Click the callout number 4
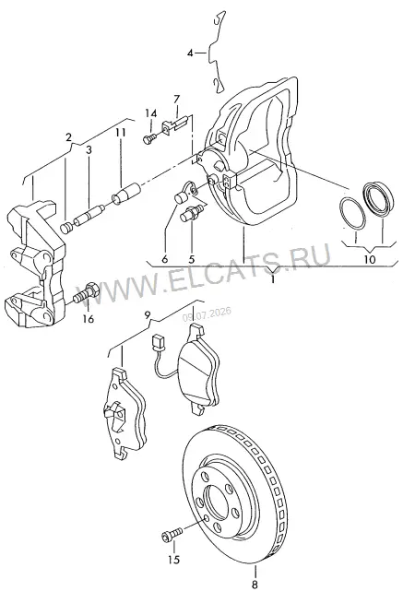tap(190, 53)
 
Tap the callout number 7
tap(176, 100)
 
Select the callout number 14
tap(151, 113)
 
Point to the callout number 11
tap(121, 133)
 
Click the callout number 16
tap(89, 319)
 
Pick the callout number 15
tap(174, 560)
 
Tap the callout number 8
tap(255, 585)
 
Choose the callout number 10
tap(369, 259)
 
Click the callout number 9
tap(147, 315)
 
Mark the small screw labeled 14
tap(149, 138)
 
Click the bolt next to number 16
tap(85, 292)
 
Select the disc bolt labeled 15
tap(172, 534)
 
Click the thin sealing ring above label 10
tap(351, 213)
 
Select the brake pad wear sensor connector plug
tap(157, 341)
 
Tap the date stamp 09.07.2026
tap(207, 313)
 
